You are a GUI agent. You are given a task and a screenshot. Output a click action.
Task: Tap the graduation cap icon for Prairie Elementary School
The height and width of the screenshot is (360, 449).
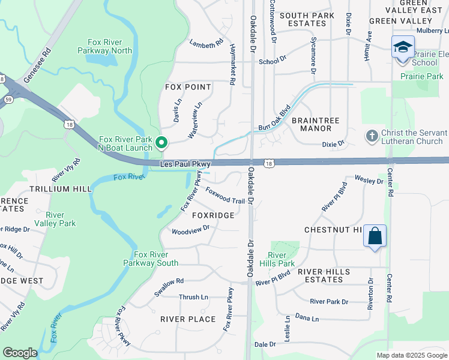pos(402,47)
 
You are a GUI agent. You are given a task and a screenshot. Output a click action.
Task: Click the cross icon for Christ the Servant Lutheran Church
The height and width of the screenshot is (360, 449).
pos(372,137)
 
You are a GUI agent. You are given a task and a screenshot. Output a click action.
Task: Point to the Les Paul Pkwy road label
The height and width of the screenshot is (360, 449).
pos(186,163)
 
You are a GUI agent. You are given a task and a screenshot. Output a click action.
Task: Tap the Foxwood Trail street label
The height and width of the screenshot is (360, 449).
pos(225,196)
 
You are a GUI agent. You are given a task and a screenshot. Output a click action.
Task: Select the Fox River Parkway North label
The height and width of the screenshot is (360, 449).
pos(105,46)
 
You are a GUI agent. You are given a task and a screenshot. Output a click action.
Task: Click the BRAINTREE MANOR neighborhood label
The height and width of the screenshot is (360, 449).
pos(315,124)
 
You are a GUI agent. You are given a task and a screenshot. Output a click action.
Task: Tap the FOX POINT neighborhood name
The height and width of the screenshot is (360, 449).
pos(188,87)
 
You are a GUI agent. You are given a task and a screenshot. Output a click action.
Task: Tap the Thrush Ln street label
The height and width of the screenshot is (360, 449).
pos(193,297)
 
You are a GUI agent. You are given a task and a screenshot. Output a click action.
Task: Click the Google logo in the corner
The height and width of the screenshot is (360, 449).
pos(20,353)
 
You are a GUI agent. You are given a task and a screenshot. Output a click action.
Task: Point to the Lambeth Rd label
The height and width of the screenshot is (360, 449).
pos(206,44)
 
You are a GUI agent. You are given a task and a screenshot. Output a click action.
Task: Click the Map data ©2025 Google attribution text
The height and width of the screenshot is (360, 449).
pos(411,355)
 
